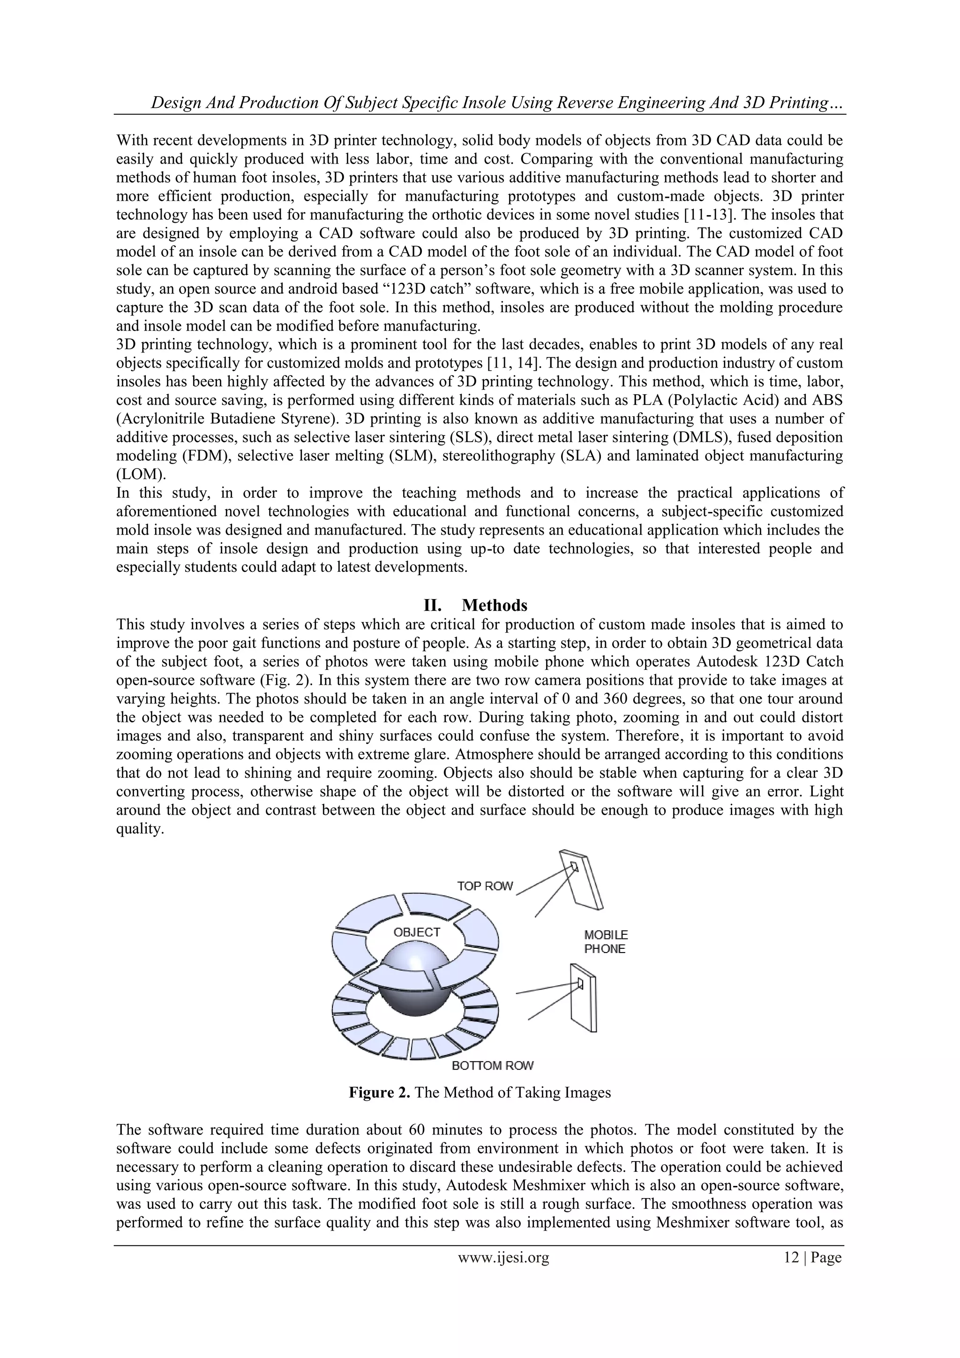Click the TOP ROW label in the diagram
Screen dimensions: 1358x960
coord(484,886)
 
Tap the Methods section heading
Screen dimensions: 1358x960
coord(494,605)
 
